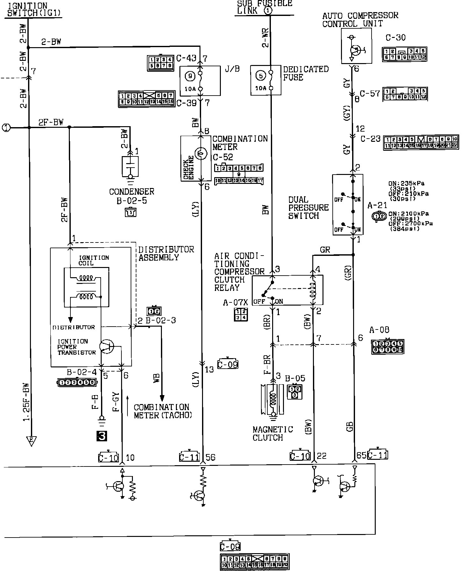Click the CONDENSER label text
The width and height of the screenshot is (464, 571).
point(132,192)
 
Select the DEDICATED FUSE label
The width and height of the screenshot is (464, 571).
point(306,73)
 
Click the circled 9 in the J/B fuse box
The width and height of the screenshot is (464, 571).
point(190,76)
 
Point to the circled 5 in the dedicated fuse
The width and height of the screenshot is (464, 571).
point(261,76)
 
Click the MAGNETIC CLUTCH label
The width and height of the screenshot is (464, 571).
point(272,433)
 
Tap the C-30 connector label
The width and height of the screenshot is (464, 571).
point(395,38)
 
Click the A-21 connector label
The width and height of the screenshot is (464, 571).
point(377,206)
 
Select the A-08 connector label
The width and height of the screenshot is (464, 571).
point(379,330)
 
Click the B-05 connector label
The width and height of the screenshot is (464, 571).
point(295,378)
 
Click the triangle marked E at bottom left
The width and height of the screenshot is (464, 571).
point(31,441)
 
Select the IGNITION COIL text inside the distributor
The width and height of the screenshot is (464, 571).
point(94,260)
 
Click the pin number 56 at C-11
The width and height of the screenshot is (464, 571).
point(210,458)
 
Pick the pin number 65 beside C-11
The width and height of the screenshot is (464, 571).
point(361,455)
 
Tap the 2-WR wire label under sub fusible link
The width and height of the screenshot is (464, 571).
point(265,38)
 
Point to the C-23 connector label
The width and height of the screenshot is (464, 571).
point(370,139)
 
